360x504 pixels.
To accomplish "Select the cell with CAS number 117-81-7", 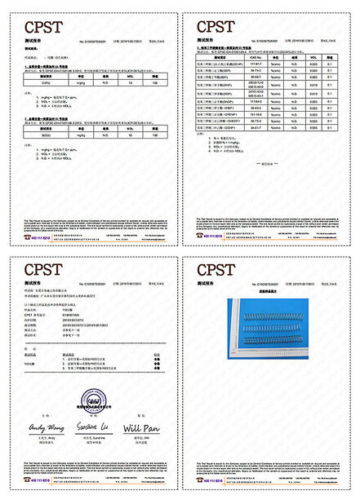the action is pyautogui.click(x=255, y=64).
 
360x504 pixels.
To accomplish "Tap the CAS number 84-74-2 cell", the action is pyautogui.click(x=255, y=72).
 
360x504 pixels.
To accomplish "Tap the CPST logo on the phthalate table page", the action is pyautogui.click(x=216, y=27).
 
